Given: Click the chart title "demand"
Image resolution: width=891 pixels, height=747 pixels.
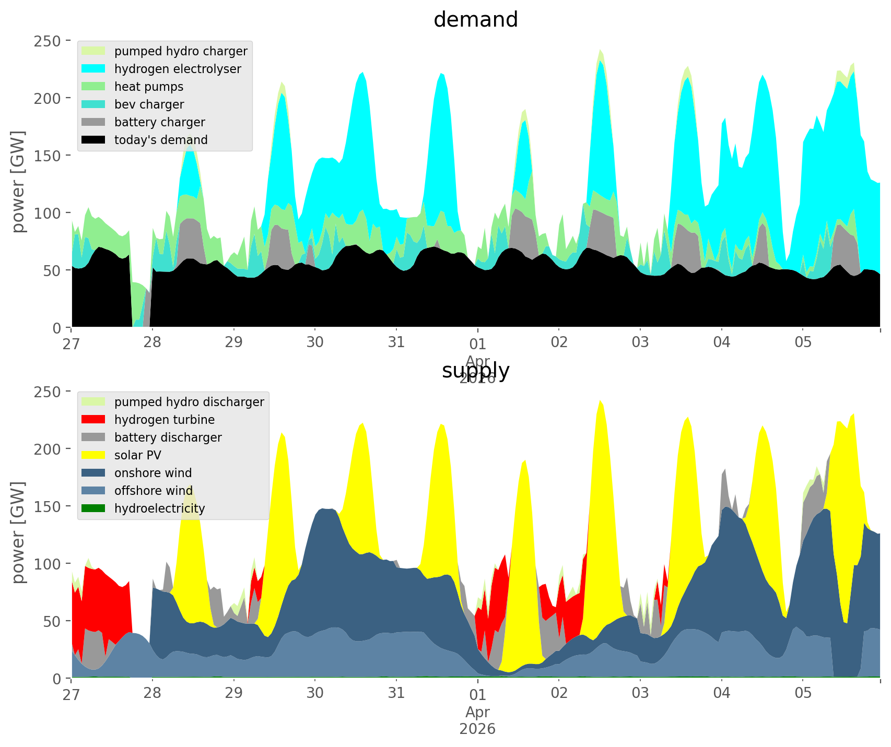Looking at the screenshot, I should coord(475,20).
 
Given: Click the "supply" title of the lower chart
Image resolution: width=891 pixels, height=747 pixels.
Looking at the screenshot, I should coord(475,371).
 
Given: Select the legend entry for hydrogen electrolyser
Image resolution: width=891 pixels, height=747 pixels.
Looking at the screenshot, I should coord(178,69).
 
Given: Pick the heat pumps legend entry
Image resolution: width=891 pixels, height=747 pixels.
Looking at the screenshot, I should coord(149,87).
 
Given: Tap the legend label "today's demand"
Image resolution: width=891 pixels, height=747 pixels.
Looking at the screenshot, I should coord(161,140).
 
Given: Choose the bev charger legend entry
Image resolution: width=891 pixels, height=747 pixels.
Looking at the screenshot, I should coord(149,104).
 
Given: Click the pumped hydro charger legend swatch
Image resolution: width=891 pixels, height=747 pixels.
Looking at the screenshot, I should coord(94,51).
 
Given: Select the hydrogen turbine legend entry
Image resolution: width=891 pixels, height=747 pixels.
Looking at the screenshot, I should coord(164,420).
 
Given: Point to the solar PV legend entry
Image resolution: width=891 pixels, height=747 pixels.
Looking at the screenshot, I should coord(137,455).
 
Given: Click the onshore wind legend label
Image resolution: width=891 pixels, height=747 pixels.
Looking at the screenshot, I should coord(153,473).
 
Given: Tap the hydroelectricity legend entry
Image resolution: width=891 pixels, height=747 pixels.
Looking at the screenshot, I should coord(159,508).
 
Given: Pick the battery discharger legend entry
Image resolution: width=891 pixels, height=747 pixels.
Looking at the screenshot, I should coord(168,437).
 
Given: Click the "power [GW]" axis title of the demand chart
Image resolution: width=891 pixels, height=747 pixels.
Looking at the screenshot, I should coord(19,182).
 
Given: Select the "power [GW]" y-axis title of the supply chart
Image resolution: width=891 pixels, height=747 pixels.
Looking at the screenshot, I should coord(19,532).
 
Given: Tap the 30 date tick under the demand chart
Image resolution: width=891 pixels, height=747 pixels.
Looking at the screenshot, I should coord(315,342).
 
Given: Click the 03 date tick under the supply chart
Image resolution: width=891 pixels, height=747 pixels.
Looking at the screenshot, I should coord(640,693).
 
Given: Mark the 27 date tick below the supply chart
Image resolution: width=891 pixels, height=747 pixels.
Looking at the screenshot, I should coord(72,693).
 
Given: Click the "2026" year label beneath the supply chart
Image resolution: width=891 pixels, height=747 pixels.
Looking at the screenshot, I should coord(477,729).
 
